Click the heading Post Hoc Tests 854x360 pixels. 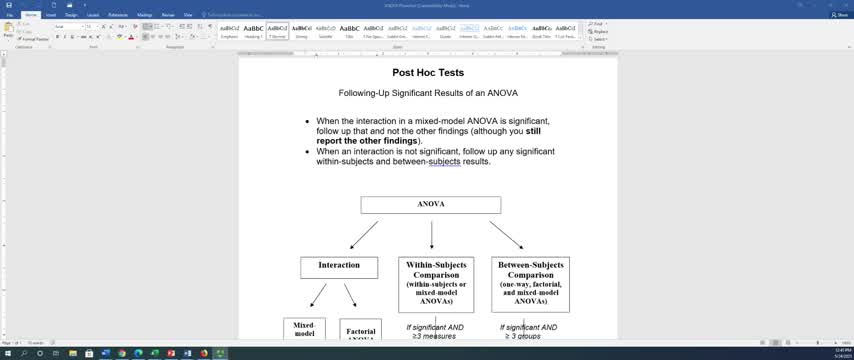tap(428, 73)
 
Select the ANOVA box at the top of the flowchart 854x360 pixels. tap(431, 204)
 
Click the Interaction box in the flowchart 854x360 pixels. tap(339, 266)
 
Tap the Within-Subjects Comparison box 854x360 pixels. tap(436, 284)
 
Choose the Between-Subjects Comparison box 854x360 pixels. tap(530, 284)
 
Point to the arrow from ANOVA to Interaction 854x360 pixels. tap(364, 235)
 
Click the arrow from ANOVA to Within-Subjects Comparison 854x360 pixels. tap(431, 235)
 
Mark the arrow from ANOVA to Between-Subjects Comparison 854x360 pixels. tap(506, 235)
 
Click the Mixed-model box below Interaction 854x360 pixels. tap(304, 329)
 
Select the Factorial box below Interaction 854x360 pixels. tap(361, 333)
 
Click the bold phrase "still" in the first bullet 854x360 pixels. tap(533, 131)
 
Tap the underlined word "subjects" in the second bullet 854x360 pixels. tap(444, 161)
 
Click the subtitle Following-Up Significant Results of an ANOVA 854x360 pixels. tap(428, 93)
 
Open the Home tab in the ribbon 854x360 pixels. tap(31, 15)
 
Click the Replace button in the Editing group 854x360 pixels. tap(601, 31)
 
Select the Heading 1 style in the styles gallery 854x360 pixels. tap(253, 30)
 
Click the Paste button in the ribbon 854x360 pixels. tap(9, 31)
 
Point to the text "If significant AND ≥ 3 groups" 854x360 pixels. tap(530, 331)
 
